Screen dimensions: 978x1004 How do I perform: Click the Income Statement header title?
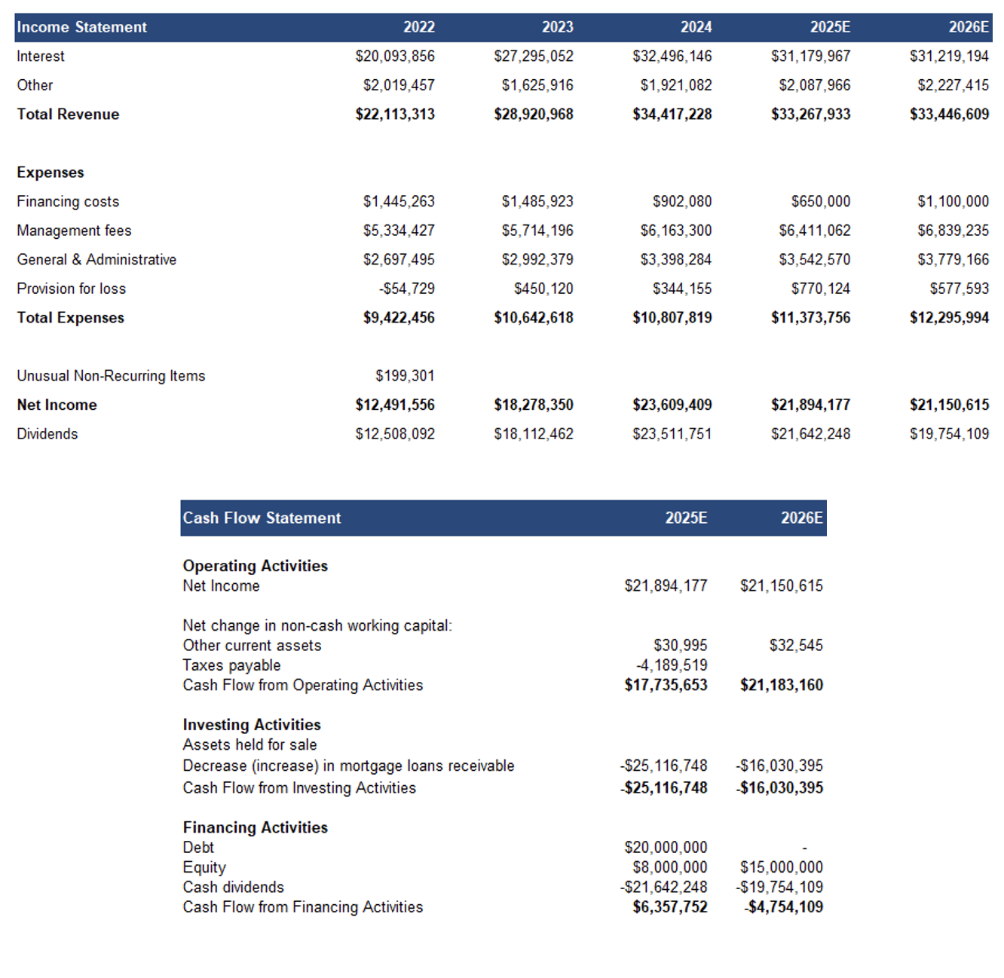pos(81,27)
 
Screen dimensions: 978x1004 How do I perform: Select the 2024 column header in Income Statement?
pos(696,27)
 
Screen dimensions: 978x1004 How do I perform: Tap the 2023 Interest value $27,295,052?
pos(534,57)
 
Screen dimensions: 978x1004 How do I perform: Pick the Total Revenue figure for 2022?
pos(395,115)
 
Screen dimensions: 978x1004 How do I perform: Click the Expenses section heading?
pos(51,173)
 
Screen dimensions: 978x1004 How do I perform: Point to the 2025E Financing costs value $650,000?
pos(821,202)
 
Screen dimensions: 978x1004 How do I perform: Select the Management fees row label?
pos(74,231)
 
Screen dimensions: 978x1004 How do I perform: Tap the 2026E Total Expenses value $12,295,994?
pos(949,318)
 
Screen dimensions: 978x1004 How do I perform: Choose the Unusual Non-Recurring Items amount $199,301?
pos(405,376)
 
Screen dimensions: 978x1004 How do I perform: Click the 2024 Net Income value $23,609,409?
pos(672,405)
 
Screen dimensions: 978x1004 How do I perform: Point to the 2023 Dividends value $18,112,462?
pos(534,434)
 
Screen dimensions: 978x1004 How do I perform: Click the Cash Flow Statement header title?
pos(262,518)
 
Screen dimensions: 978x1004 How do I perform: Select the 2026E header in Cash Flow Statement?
pos(802,518)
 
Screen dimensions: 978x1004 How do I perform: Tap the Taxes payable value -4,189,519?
pos(672,665)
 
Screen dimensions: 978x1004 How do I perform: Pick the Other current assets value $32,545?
pos(796,646)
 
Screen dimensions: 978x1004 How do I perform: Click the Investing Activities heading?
pos(252,725)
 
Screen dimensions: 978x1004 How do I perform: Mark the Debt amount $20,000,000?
pos(666,848)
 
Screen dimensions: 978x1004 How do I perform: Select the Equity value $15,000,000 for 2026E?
pos(782,867)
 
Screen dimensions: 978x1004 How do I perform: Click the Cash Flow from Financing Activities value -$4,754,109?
pos(784,907)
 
